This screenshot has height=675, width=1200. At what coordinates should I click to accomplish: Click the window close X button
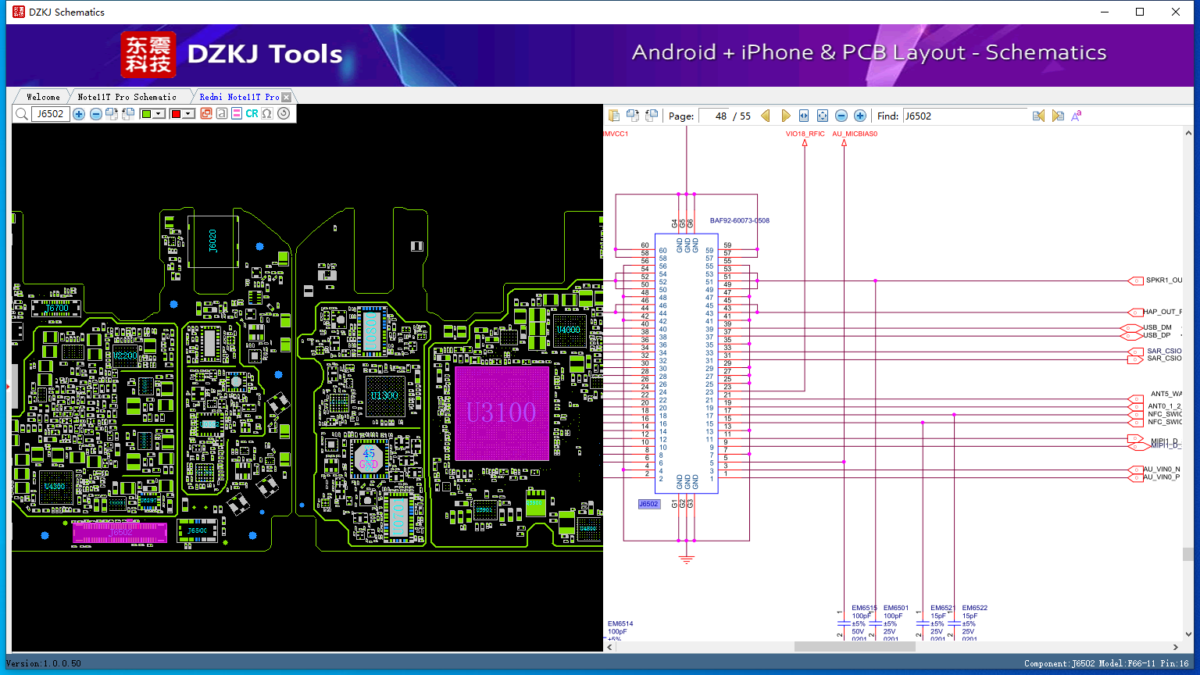(1175, 12)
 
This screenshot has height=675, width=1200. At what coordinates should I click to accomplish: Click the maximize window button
(1140, 12)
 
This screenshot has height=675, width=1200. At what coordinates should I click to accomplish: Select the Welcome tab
(43, 97)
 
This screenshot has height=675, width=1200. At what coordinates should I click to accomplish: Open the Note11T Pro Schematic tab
(127, 97)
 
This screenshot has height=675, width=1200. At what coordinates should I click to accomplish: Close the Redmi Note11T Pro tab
(286, 97)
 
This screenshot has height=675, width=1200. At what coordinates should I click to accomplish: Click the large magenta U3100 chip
(501, 412)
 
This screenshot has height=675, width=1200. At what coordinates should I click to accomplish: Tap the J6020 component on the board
(212, 241)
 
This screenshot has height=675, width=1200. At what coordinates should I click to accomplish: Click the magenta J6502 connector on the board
(120, 532)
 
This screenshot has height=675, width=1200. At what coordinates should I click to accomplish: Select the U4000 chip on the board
(568, 330)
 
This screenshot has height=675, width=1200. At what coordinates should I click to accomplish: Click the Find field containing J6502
(964, 116)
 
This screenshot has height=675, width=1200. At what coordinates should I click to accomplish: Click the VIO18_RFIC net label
(805, 134)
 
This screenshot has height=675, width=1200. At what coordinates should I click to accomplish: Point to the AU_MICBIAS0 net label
(855, 134)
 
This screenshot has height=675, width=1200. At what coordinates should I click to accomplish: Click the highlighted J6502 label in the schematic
(648, 504)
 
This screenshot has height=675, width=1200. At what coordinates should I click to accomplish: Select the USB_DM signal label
(1157, 327)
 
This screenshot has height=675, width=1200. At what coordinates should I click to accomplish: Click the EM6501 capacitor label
(896, 608)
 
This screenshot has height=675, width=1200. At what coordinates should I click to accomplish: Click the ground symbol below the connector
(687, 559)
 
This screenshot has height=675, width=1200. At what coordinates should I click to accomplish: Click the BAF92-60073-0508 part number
(739, 220)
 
